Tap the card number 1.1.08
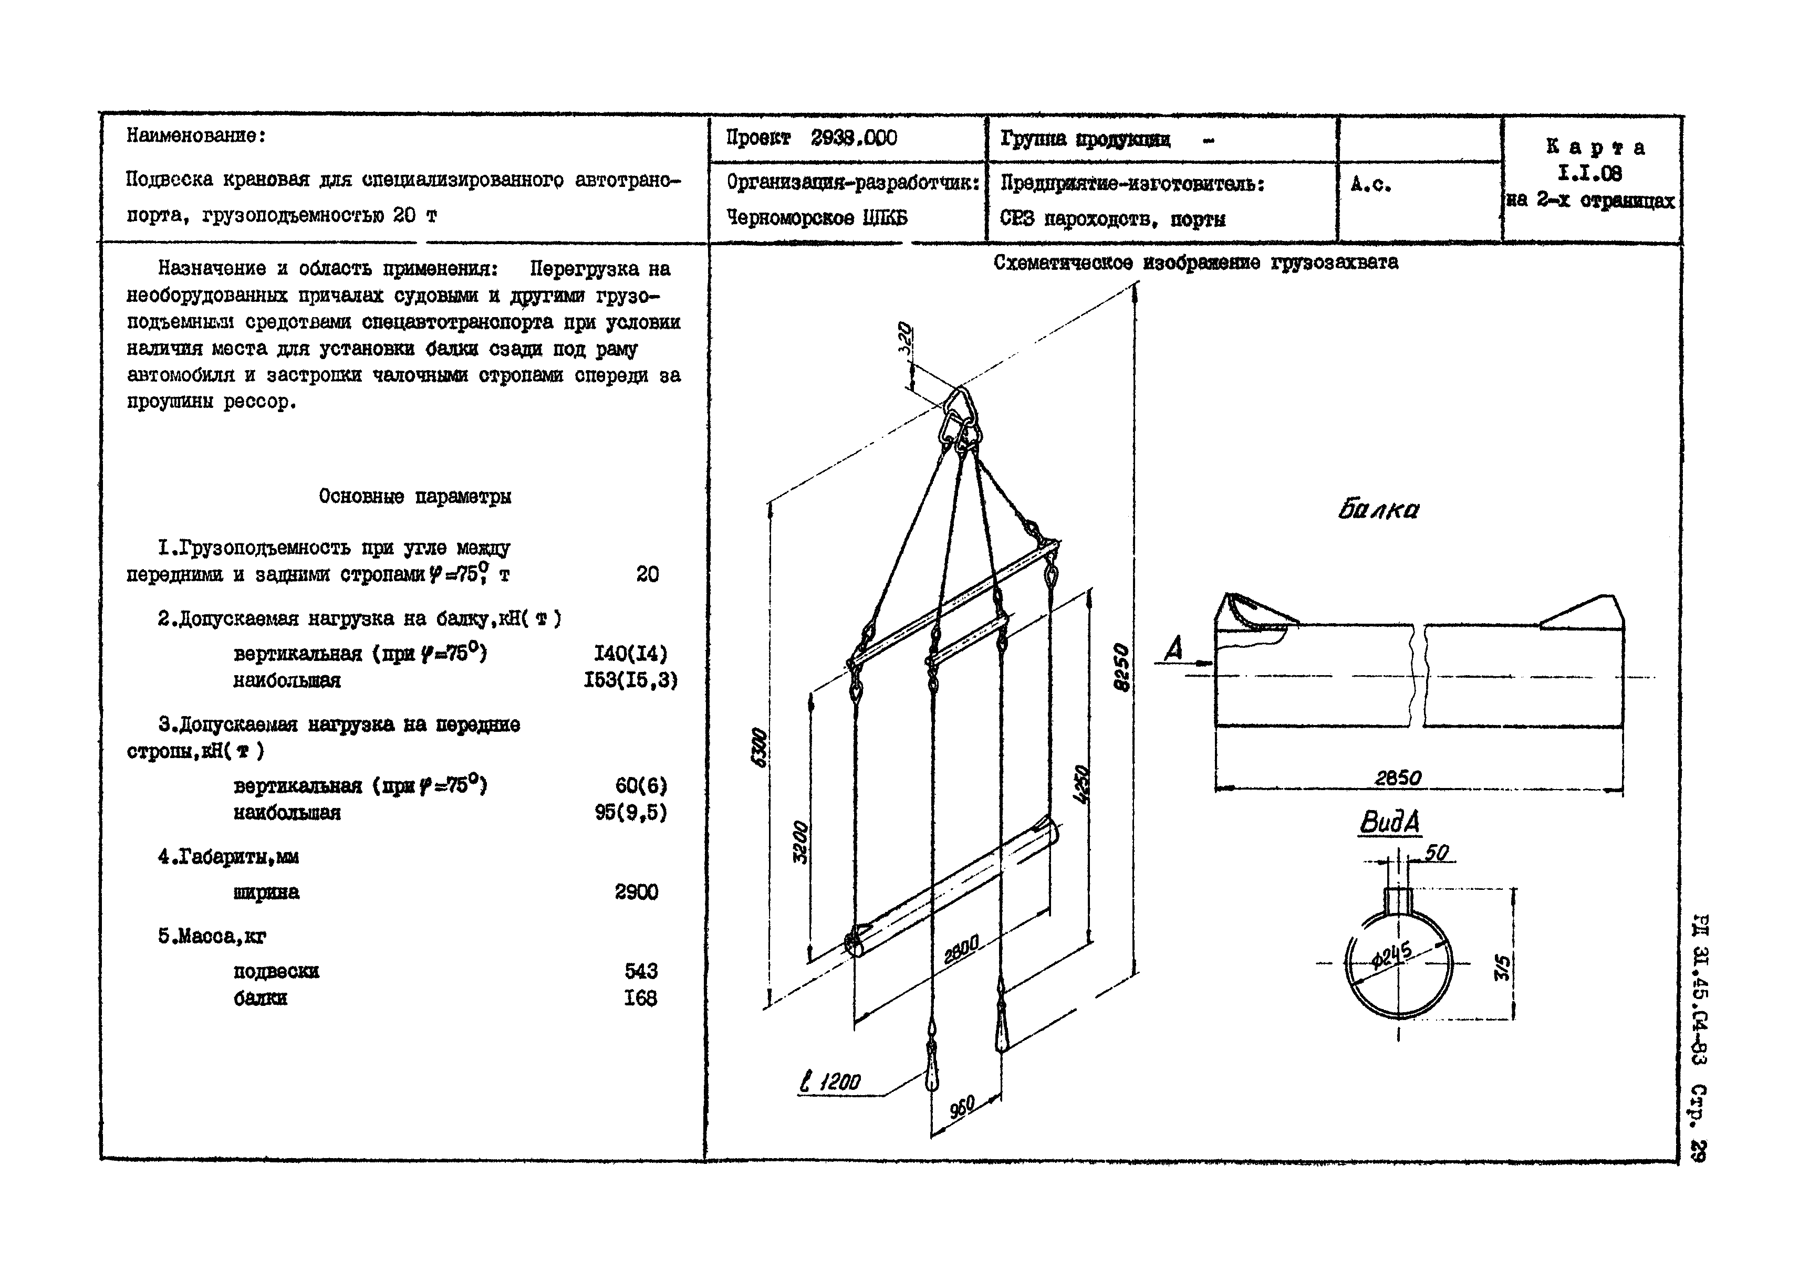point(1590,173)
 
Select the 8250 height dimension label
point(1122,667)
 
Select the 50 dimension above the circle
point(1436,852)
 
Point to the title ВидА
point(1389,822)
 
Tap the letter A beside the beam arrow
point(1173,649)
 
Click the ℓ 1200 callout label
point(830,1083)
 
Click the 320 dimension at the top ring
point(906,339)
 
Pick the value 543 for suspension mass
point(641,971)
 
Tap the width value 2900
point(636,892)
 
